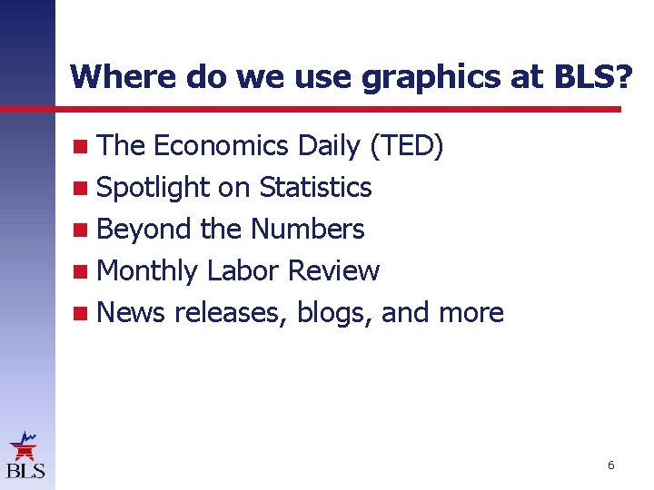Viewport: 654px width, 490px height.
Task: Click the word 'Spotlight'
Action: [x=153, y=187]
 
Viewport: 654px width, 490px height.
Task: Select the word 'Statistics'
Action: [x=315, y=187]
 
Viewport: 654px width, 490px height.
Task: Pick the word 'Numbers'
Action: [x=307, y=229]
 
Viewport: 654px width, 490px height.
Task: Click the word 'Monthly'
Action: [x=146, y=270]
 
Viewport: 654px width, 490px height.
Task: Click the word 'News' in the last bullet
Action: [x=131, y=312]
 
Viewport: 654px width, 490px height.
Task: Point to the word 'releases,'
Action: [x=231, y=312]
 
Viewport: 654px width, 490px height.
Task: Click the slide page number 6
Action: [x=610, y=465]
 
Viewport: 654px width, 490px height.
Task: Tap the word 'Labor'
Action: [x=243, y=270]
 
